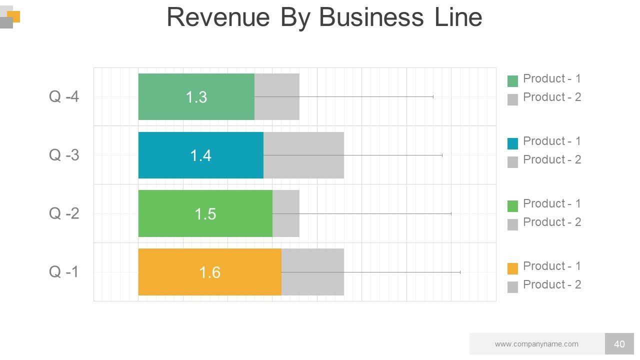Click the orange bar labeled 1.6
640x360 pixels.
(x=209, y=272)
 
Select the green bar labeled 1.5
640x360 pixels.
(x=205, y=213)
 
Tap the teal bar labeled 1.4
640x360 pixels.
(x=200, y=155)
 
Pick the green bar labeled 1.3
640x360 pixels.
(x=196, y=96)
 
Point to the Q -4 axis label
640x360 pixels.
(x=64, y=96)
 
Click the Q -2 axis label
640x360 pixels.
(x=64, y=213)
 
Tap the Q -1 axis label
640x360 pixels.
(x=64, y=272)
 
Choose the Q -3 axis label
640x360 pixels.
(x=64, y=155)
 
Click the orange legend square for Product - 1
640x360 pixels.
(x=512, y=268)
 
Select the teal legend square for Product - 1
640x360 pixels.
(x=512, y=143)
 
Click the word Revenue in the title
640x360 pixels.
(x=218, y=17)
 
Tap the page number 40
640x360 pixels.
(x=619, y=344)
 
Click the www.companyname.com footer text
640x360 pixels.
(x=536, y=344)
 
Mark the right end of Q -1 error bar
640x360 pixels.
(x=460, y=272)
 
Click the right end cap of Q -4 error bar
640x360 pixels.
(x=433, y=96)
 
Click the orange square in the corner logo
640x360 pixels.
(x=15, y=16)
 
